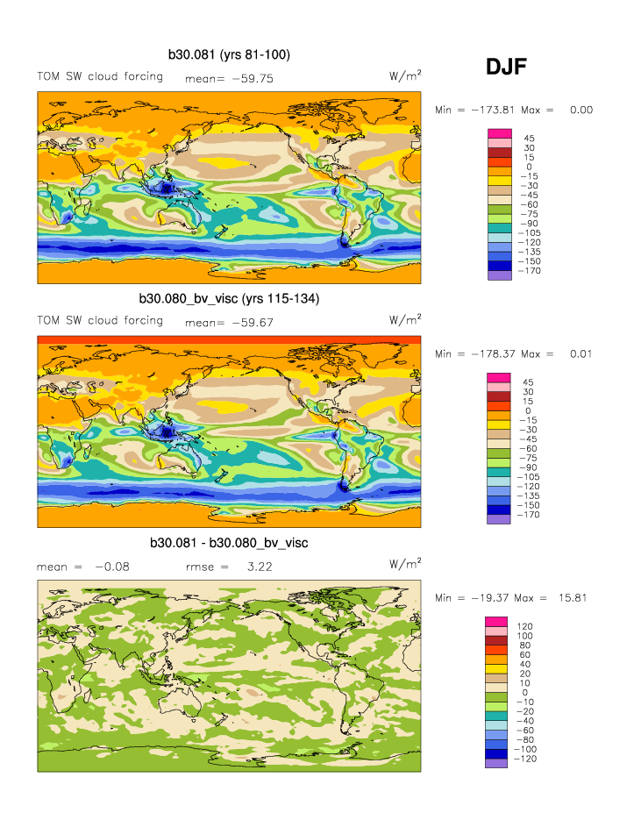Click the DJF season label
[x=506, y=67]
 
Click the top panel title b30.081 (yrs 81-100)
[x=229, y=55]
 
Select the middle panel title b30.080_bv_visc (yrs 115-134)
[x=229, y=299]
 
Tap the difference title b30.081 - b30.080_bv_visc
[x=229, y=543]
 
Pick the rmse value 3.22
[x=260, y=567]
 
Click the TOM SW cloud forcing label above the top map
[x=99, y=76]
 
